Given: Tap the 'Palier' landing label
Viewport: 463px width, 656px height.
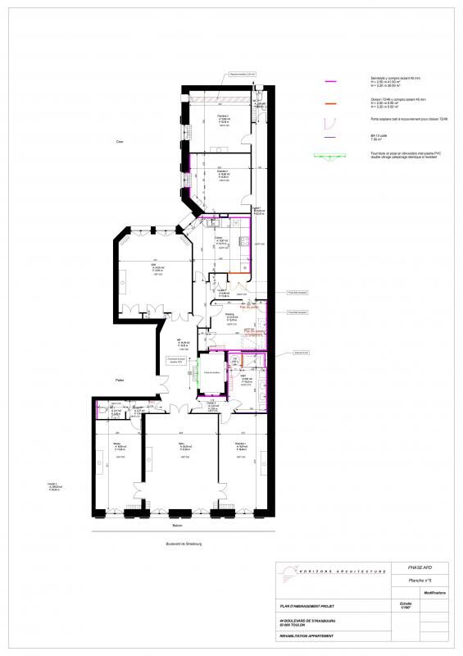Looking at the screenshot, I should click(120, 380).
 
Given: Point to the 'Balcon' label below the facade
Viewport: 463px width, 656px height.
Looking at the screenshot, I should click(176, 525).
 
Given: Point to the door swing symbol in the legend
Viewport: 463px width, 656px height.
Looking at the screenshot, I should click(329, 123).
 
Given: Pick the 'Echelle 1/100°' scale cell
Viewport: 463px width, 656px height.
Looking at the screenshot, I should click(407, 607).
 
